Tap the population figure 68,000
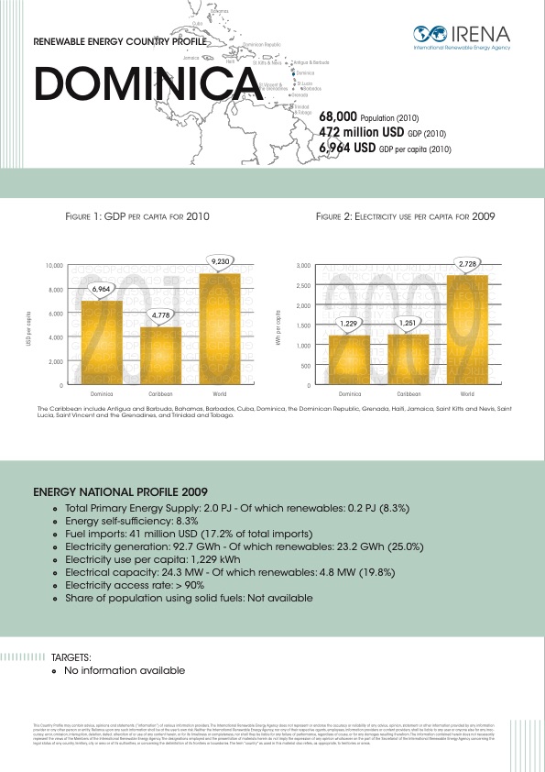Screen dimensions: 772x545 coord(338,118)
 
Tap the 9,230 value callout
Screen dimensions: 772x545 coord(221,261)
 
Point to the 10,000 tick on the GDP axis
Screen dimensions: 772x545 coord(54,266)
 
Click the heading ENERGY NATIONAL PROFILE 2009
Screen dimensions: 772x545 coord(114,492)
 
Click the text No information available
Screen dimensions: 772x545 coord(125,670)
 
